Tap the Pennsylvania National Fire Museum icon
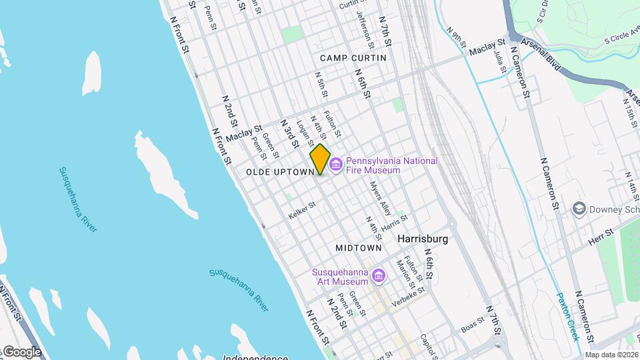click(x=335, y=164)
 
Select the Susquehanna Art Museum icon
click(x=379, y=275)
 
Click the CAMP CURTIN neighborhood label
click(x=353, y=58)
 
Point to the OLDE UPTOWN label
click(x=279, y=172)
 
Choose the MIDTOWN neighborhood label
click(x=359, y=247)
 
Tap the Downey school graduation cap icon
click(x=579, y=209)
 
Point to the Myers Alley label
click(x=379, y=199)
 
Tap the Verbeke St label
click(x=411, y=294)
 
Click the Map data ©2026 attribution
click(x=611, y=355)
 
